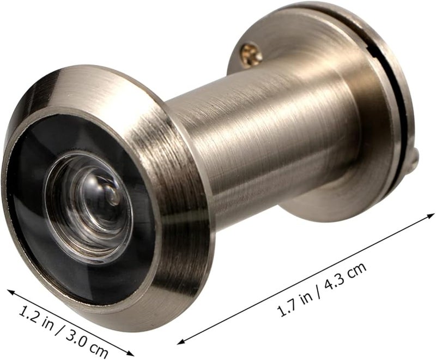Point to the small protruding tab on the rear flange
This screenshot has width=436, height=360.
[414, 161]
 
